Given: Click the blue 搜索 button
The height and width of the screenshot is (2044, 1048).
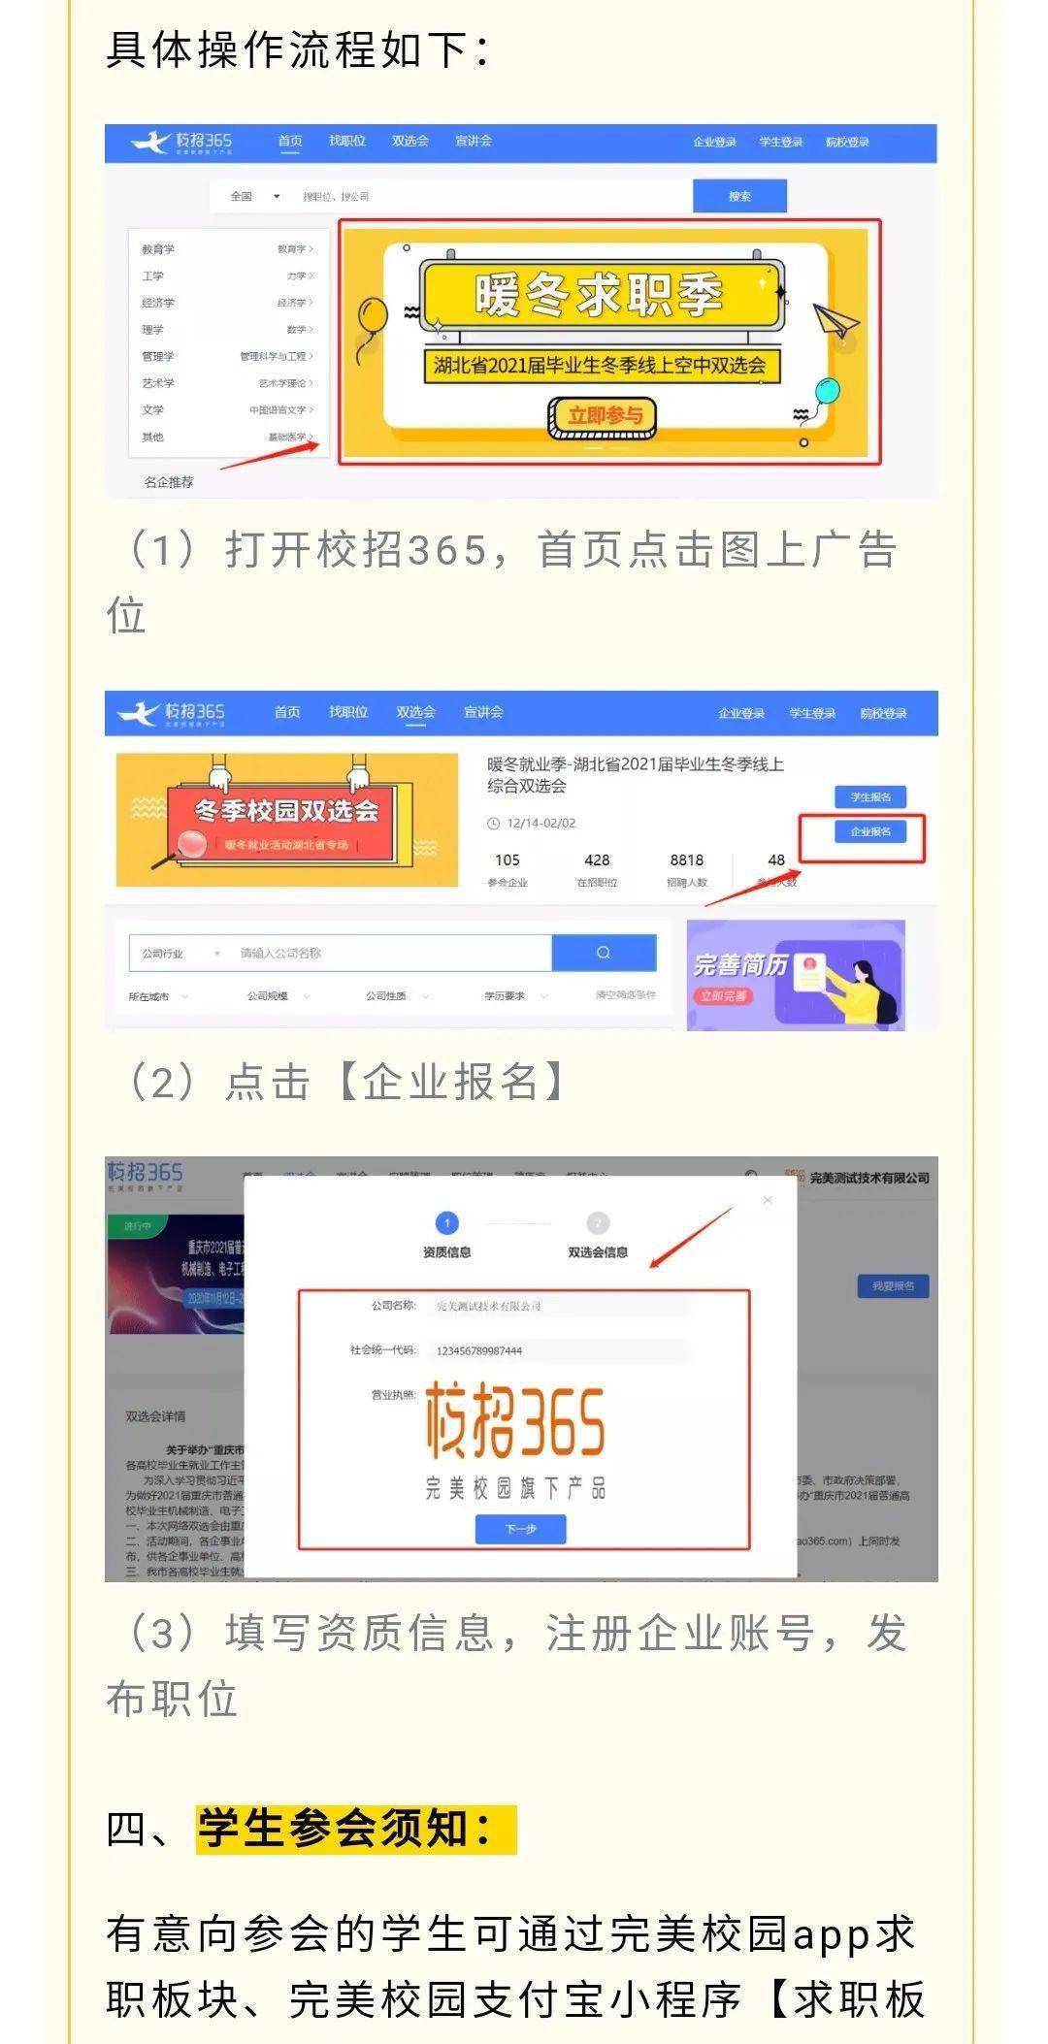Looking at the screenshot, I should (739, 196).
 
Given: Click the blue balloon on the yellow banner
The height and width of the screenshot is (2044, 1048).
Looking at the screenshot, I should (826, 392).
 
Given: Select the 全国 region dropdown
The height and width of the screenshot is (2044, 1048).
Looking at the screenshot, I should (254, 196).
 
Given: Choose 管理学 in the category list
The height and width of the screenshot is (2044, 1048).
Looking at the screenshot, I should (158, 356).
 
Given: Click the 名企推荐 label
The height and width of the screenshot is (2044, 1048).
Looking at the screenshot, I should (169, 482).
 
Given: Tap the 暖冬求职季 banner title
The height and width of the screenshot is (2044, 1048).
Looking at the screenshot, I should (599, 295).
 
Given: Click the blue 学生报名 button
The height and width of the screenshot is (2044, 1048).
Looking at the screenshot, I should (870, 797).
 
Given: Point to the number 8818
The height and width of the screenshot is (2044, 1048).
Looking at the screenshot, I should (686, 860).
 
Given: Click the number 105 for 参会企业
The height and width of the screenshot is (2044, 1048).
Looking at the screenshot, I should (507, 860).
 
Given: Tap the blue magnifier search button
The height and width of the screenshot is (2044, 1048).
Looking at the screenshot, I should (604, 953).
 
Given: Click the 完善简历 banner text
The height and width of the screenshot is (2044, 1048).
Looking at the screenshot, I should (740, 965).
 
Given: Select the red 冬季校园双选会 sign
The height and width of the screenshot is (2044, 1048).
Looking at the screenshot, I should (287, 821).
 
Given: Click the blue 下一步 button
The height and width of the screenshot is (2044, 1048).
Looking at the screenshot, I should (520, 1529).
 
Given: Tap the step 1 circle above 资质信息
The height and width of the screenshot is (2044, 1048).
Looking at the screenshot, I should (446, 1223).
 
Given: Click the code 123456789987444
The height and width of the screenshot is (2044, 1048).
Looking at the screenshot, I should (479, 1350).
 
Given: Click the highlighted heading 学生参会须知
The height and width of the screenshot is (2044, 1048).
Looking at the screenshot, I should (345, 1830).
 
